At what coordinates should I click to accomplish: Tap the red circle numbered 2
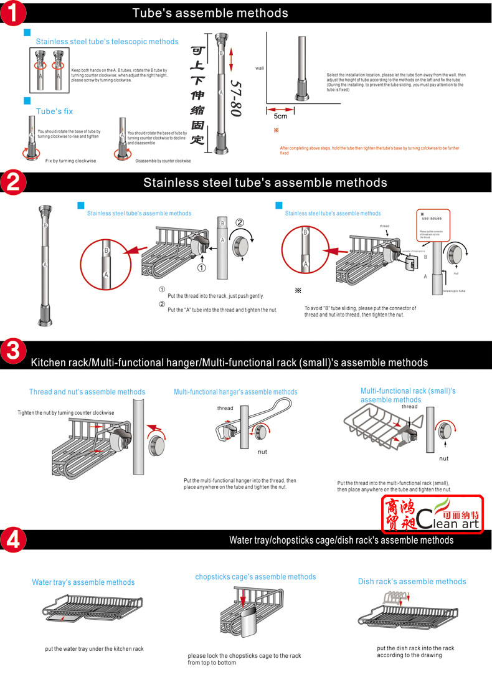click(x=13, y=182)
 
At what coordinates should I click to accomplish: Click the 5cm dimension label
click(x=281, y=116)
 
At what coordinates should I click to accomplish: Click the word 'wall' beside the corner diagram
click(x=260, y=68)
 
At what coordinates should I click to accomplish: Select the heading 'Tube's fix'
click(x=54, y=111)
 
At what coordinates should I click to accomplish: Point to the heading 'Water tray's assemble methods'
click(x=83, y=582)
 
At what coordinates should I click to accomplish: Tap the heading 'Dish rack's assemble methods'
click(x=412, y=581)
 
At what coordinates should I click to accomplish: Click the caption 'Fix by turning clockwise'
click(x=71, y=161)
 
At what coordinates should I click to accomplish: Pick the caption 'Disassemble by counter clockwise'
click(x=163, y=161)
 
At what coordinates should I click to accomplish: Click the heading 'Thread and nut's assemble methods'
click(x=87, y=392)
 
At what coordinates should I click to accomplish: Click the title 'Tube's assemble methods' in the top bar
click(x=211, y=12)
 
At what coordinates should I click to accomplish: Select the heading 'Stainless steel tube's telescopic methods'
click(x=107, y=42)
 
